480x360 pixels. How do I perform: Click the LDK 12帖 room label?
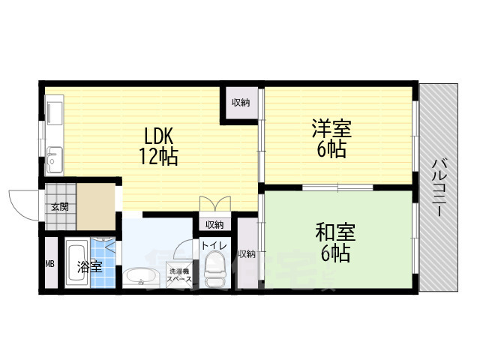coord(158,146)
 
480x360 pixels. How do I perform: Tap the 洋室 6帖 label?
coord(331,138)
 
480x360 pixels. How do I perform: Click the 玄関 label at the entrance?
coord(59,205)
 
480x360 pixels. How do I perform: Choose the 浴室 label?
coord(89,265)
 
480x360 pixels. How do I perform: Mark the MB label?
coord(49,264)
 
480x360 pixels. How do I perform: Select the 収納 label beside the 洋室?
coord(240,103)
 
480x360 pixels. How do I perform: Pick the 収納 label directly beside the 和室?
coord(246,253)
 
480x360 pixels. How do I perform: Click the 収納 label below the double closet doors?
coord(214,224)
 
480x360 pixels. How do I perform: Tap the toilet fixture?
coord(215,271)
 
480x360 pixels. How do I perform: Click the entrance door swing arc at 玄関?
coord(21,201)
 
